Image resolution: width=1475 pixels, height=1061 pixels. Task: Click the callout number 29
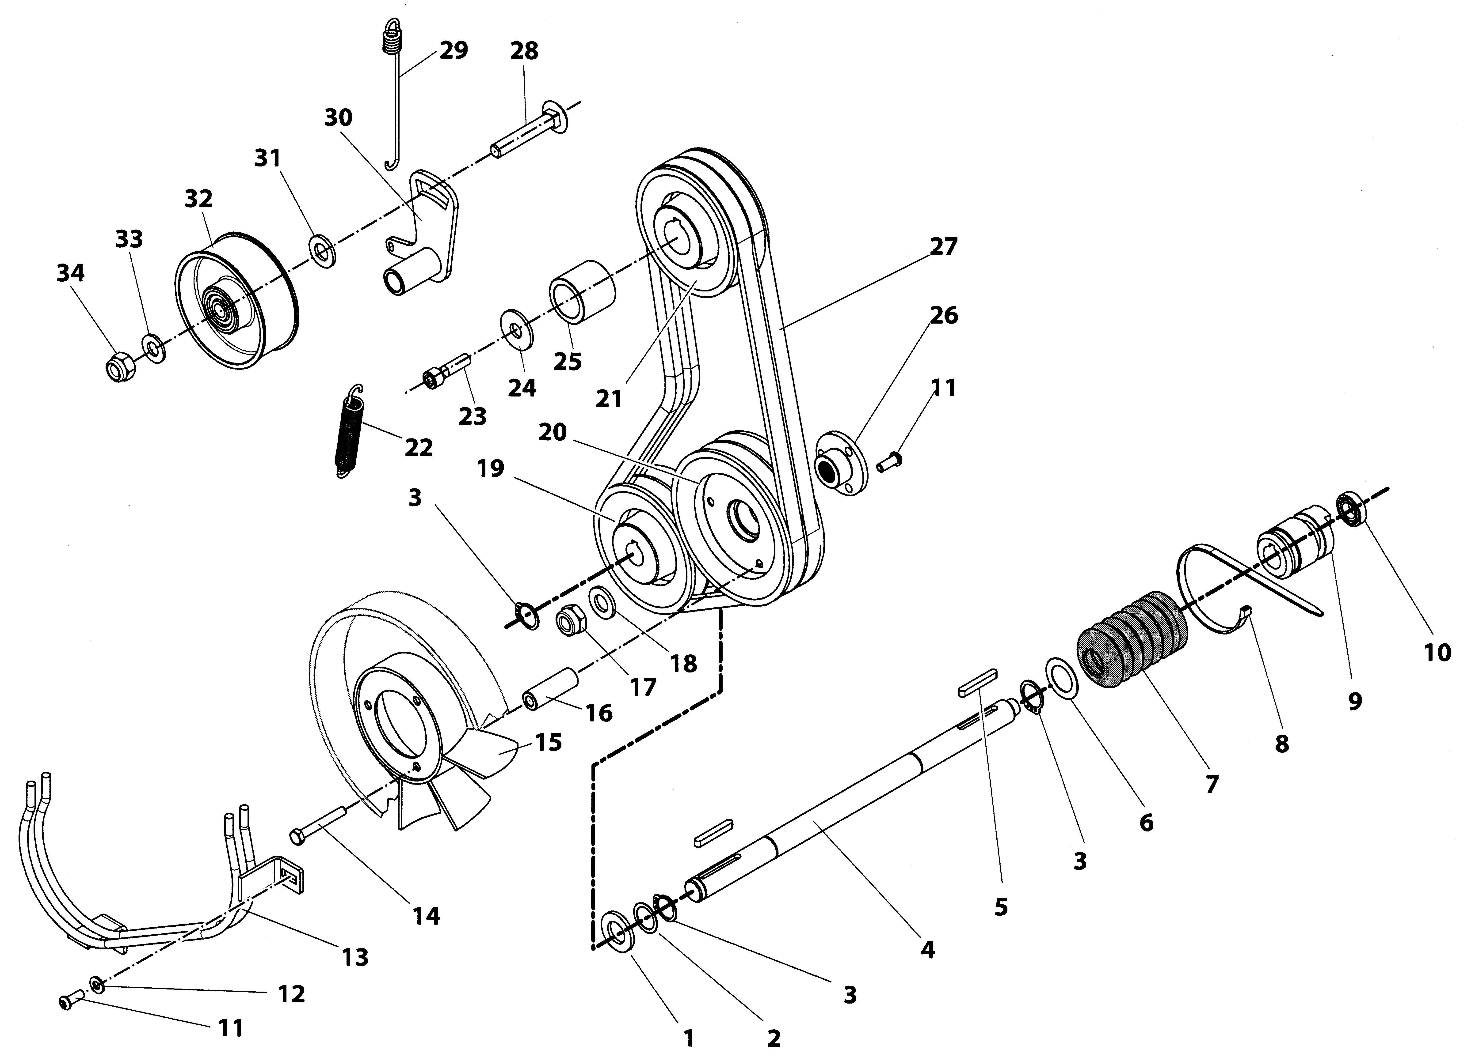[453, 50]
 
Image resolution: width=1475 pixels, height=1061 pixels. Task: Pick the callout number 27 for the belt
[944, 247]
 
